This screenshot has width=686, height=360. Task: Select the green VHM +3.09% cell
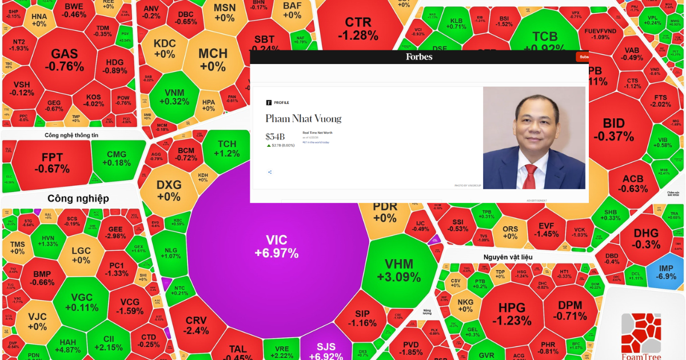tap(398, 270)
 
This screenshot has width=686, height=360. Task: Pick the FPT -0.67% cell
tap(51, 163)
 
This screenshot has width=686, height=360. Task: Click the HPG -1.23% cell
tap(512, 313)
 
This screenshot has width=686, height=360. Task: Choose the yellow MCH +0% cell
tap(213, 59)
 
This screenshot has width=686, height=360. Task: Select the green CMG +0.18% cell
tap(117, 158)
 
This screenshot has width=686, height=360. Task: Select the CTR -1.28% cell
tap(358, 29)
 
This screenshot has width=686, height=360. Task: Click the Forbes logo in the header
tap(419, 57)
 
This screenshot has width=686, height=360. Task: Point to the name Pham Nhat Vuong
tap(303, 119)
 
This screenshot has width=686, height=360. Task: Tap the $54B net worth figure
tap(275, 137)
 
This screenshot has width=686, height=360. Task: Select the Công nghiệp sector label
tap(78, 198)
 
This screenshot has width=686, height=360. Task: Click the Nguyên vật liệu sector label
tap(508, 257)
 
